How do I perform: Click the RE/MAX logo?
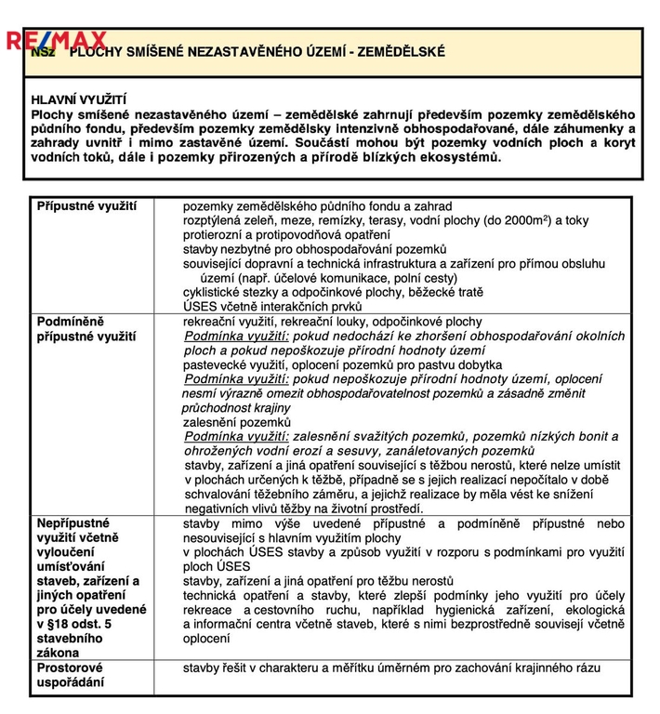click(57, 40)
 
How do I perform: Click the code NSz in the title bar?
click(44, 53)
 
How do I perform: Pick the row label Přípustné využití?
click(86, 205)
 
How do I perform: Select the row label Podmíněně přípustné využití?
click(86, 328)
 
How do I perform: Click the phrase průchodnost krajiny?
click(236, 407)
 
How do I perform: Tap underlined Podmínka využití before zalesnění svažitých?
click(238, 436)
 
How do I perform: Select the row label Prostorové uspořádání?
click(70, 675)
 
